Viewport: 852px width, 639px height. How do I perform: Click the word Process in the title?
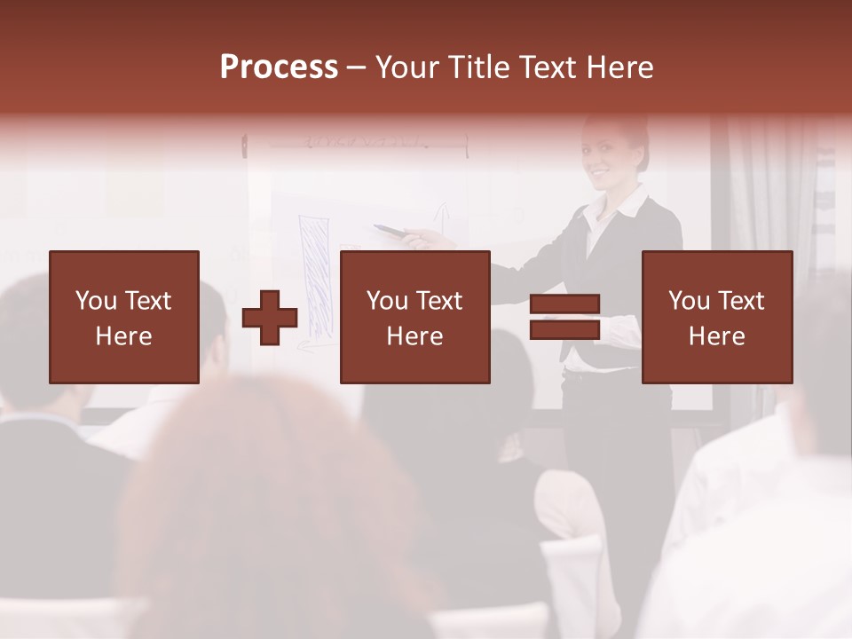(x=279, y=67)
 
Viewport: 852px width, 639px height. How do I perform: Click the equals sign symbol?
(x=564, y=318)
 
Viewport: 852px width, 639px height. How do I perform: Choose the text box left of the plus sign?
(x=124, y=317)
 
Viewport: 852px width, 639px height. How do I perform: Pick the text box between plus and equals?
(x=414, y=317)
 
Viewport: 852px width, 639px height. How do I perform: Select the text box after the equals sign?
(x=717, y=317)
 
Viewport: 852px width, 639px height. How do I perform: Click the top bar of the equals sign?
(x=564, y=304)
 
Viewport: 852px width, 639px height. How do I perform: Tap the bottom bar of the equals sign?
(x=564, y=331)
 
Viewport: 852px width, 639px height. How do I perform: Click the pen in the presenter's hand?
(x=390, y=231)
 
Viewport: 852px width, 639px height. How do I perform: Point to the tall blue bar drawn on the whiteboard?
(x=315, y=275)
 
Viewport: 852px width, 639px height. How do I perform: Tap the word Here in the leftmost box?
(x=123, y=335)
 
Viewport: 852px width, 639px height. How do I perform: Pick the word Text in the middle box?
(x=440, y=301)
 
